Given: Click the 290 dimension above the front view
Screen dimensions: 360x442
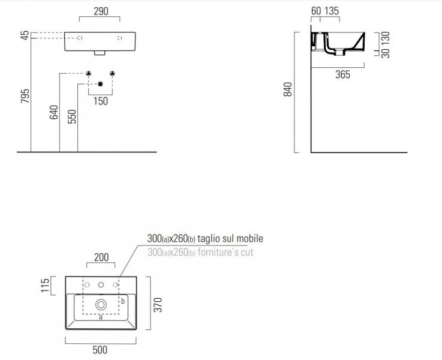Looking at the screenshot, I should [x=100, y=11].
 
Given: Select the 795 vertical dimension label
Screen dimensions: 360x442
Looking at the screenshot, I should [x=25, y=96].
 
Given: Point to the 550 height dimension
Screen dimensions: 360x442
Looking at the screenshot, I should [x=72, y=115].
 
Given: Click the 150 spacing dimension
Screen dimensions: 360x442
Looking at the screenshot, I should [x=100, y=101].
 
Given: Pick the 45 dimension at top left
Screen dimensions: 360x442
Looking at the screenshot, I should [x=25, y=35].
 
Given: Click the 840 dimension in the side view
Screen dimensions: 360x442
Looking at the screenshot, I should [x=288, y=90].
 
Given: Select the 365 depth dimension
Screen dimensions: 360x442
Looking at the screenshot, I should [x=342, y=74].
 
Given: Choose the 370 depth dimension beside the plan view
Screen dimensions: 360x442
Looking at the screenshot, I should [x=157, y=304].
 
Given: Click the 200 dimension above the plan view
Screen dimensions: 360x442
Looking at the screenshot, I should [x=101, y=258].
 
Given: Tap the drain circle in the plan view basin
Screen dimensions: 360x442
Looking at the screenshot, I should [x=101, y=304].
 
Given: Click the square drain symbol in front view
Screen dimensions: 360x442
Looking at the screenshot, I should [x=100, y=83].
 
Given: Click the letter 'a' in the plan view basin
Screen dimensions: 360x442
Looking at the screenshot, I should [x=101, y=317].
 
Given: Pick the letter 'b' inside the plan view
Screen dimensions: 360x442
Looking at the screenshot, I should [x=122, y=301].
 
